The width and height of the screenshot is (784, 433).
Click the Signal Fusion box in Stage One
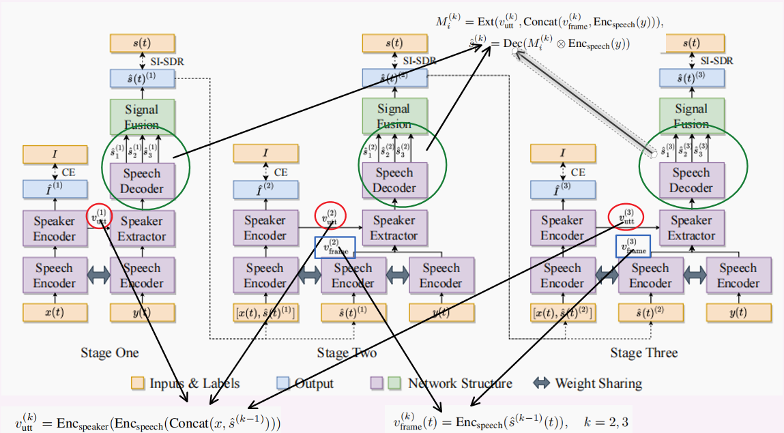click(x=141, y=117)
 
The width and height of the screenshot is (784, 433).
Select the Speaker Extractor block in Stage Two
click(x=394, y=228)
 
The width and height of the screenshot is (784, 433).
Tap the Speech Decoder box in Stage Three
click(x=691, y=180)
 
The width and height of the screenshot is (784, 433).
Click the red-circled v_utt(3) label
click(x=626, y=218)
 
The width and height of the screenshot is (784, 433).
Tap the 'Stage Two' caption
click(x=347, y=353)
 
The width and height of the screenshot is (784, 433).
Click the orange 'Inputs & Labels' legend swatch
click(x=138, y=383)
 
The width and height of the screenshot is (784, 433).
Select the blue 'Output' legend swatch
click(x=282, y=383)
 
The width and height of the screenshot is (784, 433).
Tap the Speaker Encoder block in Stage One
click(x=55, y=228)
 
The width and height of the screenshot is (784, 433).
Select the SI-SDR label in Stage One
click(x=168, y=61)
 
